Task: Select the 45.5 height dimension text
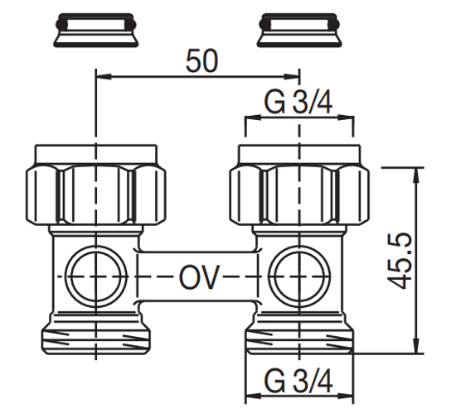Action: click(x=401, y=261)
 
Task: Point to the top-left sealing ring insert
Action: click(x=95, y=31)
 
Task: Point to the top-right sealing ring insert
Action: click(x=298, y=31)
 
